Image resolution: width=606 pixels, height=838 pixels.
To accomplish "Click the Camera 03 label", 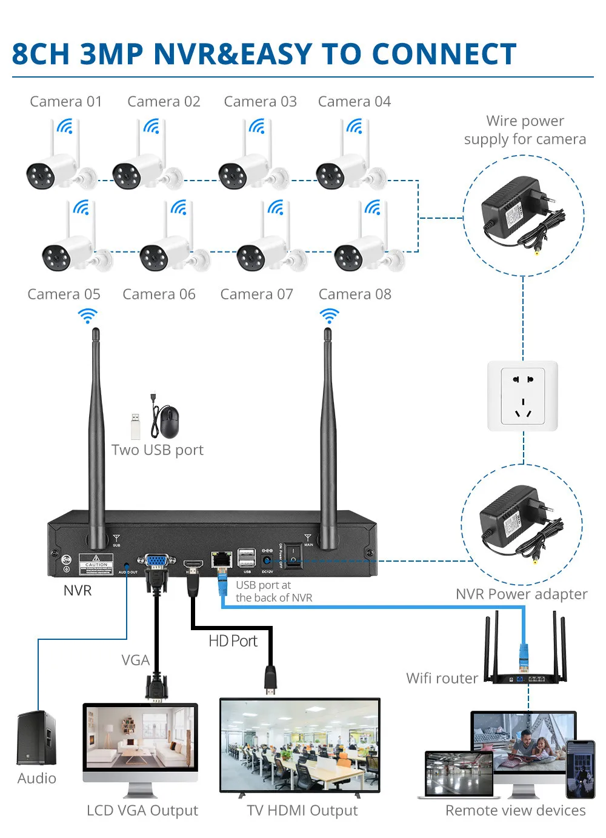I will (260, 102).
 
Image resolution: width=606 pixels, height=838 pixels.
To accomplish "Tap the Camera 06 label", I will (159, 294).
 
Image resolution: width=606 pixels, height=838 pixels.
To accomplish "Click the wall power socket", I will (522, 396).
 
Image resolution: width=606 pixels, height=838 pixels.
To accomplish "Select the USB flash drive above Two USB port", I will (135, 426).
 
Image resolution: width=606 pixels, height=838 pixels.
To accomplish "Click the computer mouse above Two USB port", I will (169, 422).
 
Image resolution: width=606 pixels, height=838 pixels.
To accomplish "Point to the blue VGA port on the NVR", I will (156, 560).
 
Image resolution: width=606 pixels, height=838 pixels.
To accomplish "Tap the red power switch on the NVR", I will (293, 554).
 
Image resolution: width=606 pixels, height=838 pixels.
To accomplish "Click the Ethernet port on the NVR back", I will (221, 558).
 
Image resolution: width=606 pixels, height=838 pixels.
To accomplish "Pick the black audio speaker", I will (36, 737).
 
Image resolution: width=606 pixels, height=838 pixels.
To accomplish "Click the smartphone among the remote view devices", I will (581, 768).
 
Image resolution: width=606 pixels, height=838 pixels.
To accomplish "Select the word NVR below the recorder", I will (78, 591).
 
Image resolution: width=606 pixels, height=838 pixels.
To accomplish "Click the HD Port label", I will (233, 641).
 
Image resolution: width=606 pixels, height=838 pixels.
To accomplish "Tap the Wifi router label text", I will (442, 679).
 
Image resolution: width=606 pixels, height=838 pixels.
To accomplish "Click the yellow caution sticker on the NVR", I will (96, 564).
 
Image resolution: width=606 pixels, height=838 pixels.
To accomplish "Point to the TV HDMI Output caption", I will (302, 811).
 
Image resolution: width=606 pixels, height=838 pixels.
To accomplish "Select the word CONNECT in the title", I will (444, 55).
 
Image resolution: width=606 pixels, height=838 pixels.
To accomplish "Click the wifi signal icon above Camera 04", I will (354, 126).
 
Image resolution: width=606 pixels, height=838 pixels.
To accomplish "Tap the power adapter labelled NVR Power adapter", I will (515, 521).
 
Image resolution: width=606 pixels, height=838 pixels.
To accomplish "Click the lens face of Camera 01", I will (41, 176).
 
